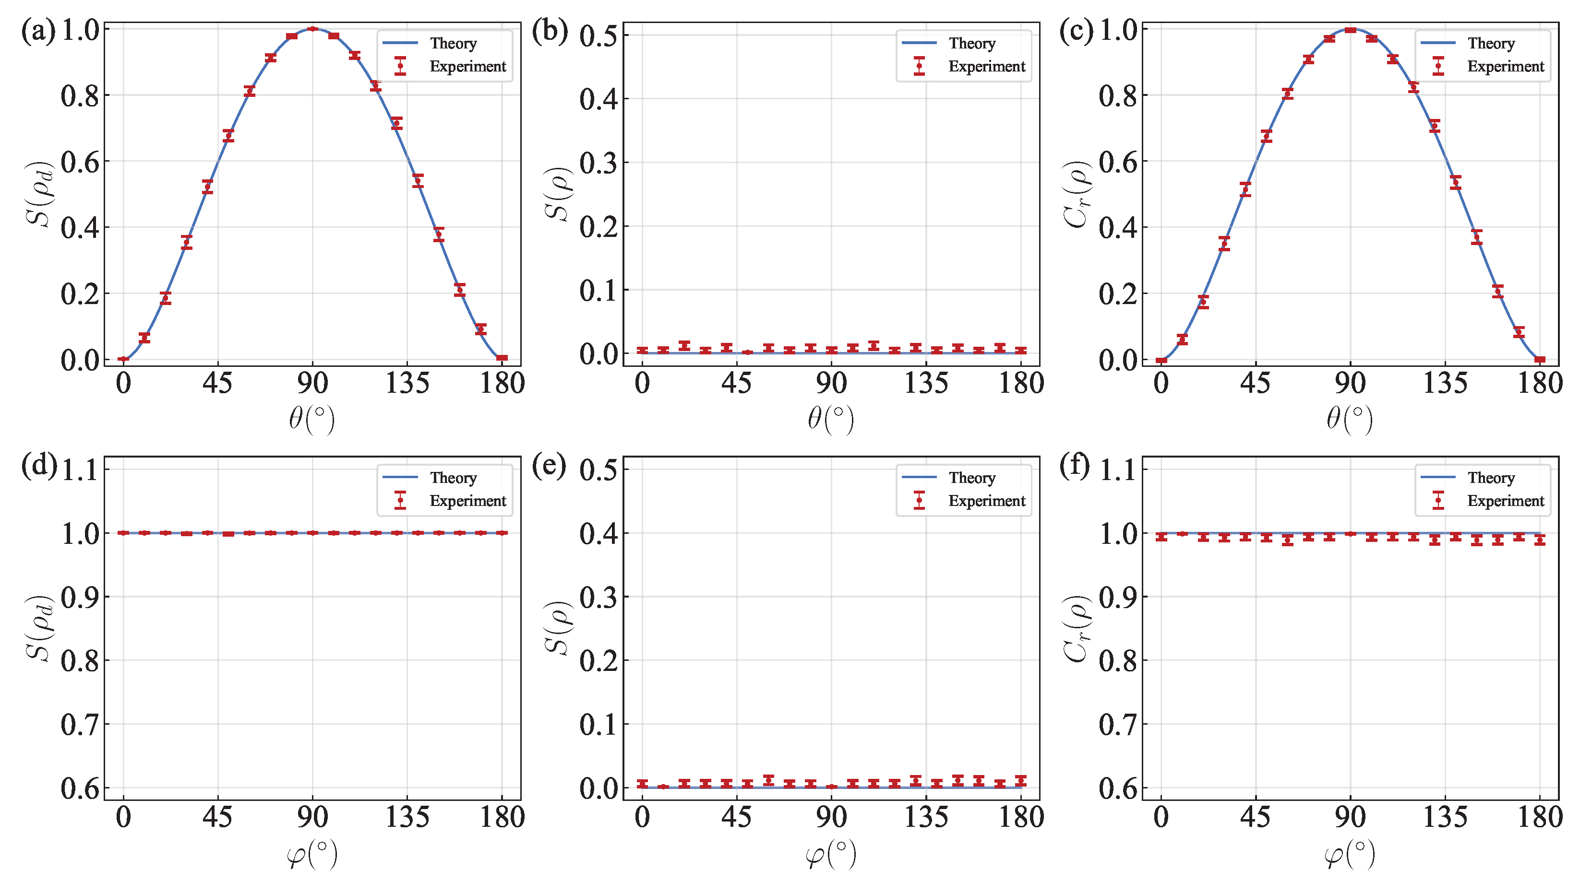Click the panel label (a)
click(x=38, y=31)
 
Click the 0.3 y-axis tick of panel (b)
click(x=598, y=163)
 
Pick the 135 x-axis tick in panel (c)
click(x=1445, y=384)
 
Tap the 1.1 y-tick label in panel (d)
click(x=80, y=470)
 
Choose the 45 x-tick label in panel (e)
click(x=736, y=818)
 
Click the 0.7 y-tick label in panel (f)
click(x=1117, y=725)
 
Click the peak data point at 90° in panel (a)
click(x=312, y=29)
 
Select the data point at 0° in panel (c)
click(x=1161, y=360)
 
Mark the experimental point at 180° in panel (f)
click(x=1540, y=540)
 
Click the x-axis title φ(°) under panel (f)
click(x=1349, y=854)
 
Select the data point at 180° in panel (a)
click(x=502, y=358)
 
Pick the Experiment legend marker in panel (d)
click(x=401, y=500)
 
